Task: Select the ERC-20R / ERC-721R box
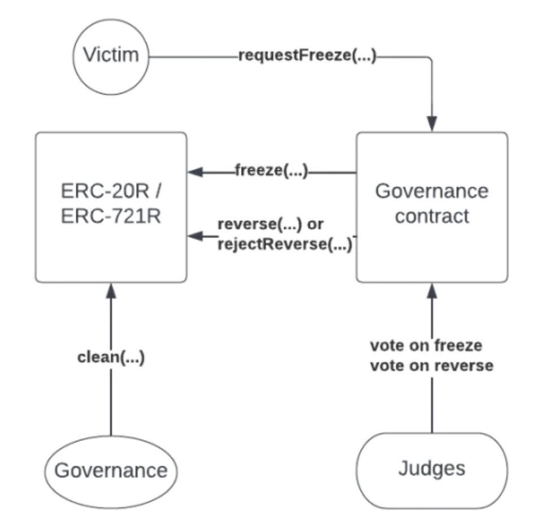tap(111, 207)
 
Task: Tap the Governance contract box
tap(431, 207)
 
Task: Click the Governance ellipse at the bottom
tap(111, 470)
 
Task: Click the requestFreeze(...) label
tap(307, 56)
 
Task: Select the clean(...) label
tap(111, 357)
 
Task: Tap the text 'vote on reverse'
tap(431, 365)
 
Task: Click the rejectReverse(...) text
tap(285, 245)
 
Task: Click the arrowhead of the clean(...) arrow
tap(111, 290)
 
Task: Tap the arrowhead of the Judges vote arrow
tap(431, 290)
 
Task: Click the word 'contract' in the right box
tap(431, 216)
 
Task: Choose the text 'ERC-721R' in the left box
tap(111, 216)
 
